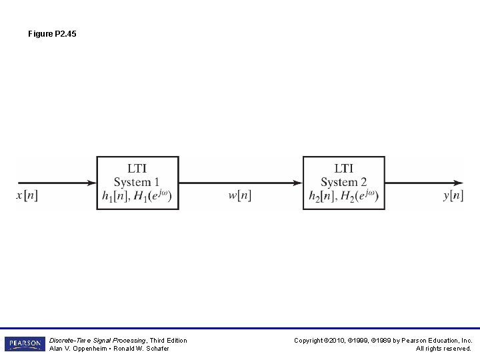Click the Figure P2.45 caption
pos(52,33)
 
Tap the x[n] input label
pos(27,195)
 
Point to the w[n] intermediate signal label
pos(240,195)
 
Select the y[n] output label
pos(453,195)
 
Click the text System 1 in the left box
pos(137,182)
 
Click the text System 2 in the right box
pos(343,182)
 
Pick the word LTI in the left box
pos(137,169)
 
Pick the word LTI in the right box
pos(344,169)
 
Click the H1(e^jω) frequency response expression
pos(153,195)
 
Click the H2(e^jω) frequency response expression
pos(361,195)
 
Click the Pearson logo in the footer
pos(25,344)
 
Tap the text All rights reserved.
pos(444,349)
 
